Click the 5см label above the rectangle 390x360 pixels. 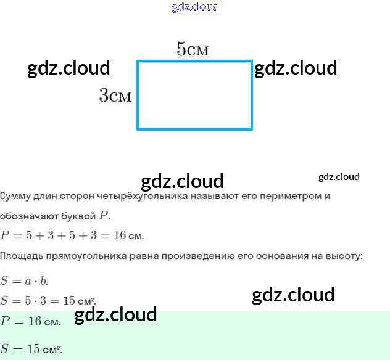pos(193,49)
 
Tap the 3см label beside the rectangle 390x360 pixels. pos(115,96)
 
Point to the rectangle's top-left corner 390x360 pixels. pos(138,61)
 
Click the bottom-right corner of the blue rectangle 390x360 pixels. pos(252,128)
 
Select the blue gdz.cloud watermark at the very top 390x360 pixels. pos(195,7)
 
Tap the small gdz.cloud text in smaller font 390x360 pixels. pos(339,177)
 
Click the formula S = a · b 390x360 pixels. pos(24,281)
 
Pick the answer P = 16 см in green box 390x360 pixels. pos(31,321)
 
